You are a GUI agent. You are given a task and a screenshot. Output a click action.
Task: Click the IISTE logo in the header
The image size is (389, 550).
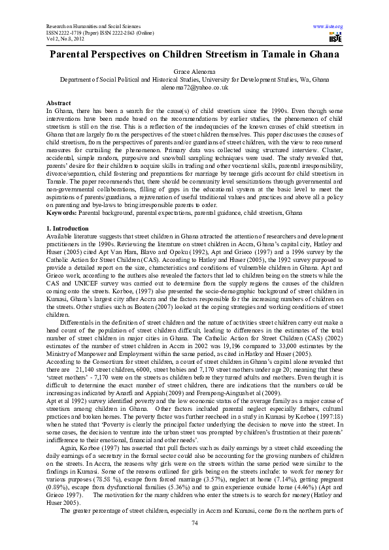(335, 36)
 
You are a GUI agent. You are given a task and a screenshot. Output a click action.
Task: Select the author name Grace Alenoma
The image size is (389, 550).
(194, 70)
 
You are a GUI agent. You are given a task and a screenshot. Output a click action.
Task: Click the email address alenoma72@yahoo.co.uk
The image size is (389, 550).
(194, 86)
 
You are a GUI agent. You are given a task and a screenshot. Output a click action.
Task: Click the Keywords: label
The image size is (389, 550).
(62, 195)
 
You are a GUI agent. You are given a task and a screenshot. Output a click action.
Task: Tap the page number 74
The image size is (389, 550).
(194, 524)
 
